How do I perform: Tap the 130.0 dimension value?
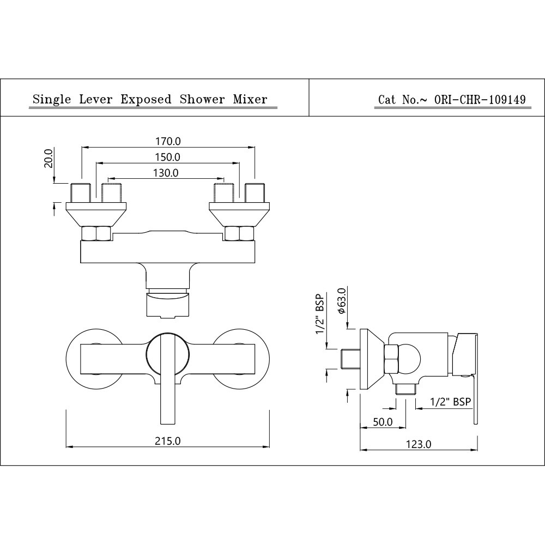click(x=167, y=173)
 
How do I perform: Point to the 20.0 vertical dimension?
click(x=48, y=158)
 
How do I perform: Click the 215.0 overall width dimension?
click(x=168, y=440)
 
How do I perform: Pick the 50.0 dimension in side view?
click(x=383, y=422)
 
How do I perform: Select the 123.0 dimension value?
click(x=420, y=444)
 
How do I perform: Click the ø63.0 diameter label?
click(x=342, y=301)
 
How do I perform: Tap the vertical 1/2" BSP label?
click(x=320, y=318)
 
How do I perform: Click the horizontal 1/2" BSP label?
click(x=450, y=402)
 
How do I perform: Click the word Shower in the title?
click(x=203, y=99)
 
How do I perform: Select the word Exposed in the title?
click(x=146, y=99)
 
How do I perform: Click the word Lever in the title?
click(x=96, y=99)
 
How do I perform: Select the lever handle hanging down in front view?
click(x=167, y=401)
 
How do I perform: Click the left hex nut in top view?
click(x=96, y=234)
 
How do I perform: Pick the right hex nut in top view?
click(x=240, y=234)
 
